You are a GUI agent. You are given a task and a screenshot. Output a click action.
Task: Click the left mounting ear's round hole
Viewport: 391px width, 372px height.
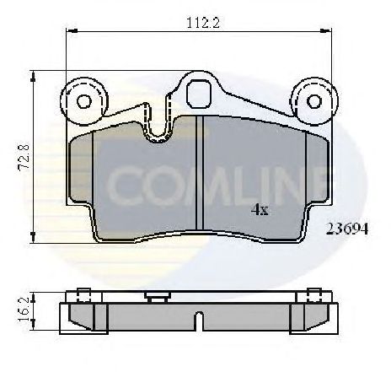pyautogui.click(x=83, y=102)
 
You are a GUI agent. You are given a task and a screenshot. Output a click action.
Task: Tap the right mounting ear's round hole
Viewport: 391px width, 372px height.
pyautogui.click(x=313, y=102)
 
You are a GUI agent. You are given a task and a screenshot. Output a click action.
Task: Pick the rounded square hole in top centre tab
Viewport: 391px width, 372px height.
pyautogui.click(x=199, y=91)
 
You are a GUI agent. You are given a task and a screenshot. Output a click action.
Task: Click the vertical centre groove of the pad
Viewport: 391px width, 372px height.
pyautogui.click(x=200, y=173)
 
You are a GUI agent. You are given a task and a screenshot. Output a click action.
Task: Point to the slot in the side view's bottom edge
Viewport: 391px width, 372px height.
pyautogui.click(x=198, y=321)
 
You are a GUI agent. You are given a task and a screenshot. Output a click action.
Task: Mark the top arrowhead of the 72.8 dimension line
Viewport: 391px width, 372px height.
pyautogui.click(x=33, y=75)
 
